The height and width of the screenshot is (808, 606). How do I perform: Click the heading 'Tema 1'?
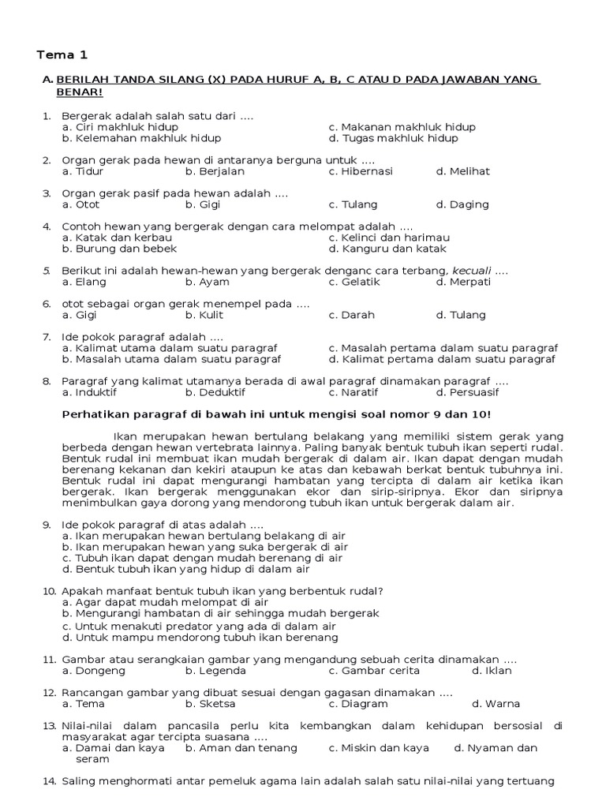[x=63, y=55]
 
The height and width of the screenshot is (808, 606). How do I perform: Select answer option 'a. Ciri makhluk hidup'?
[x=120, y=127]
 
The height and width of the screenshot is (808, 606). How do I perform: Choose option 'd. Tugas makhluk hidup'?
[x=393, y=138]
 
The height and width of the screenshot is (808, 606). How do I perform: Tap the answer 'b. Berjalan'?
[x=215, y=171]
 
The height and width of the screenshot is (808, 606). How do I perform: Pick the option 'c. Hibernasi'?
[x=361, y=171]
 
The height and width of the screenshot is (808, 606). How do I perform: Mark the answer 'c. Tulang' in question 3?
[x=353, y=204]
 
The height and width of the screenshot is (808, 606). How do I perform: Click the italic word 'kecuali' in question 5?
[x=469, y=271]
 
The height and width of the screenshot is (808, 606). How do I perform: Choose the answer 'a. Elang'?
[x=84, y=282]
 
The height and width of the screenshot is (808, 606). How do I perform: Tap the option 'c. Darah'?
[x=352, y=315]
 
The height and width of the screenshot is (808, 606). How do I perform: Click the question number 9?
[x=47, y=525]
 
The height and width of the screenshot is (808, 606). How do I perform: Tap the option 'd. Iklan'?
[x=492, y=671]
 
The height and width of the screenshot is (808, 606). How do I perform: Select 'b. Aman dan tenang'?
[x=241, y=748]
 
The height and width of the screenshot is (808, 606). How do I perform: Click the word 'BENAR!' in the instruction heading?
[x=80, y=92]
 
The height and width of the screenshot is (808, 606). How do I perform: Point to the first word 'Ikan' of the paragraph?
[x=125, y=435]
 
